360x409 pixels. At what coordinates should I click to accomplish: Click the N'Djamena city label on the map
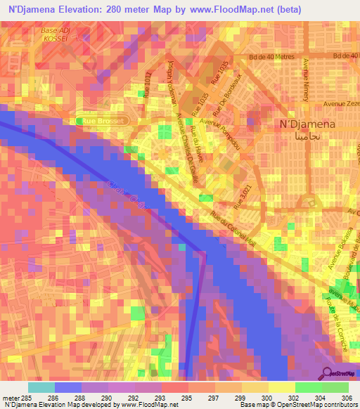tap(303, 124)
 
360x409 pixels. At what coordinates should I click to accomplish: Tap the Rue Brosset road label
tap(103, 121)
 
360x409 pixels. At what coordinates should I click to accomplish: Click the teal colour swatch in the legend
tap(41, 387)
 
